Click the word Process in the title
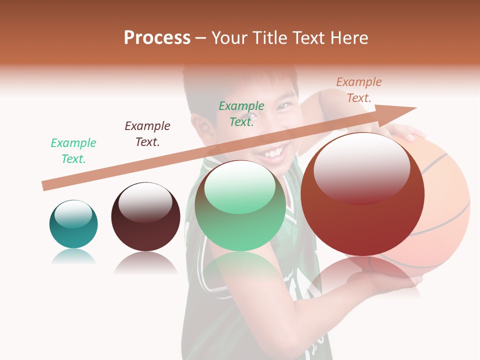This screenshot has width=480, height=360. pos(157,37)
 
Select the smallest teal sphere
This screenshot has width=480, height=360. pos(73,224)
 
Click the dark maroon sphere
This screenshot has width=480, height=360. pos(145,217)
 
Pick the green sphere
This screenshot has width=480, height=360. pos(240,205)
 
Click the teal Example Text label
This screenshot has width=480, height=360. pos(73,150)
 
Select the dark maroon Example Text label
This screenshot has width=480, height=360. pos(147,133)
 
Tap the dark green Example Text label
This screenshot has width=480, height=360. pos(241,113)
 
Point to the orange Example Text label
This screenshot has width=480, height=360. pos(358,89)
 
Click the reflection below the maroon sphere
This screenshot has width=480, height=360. pos(145,262)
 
